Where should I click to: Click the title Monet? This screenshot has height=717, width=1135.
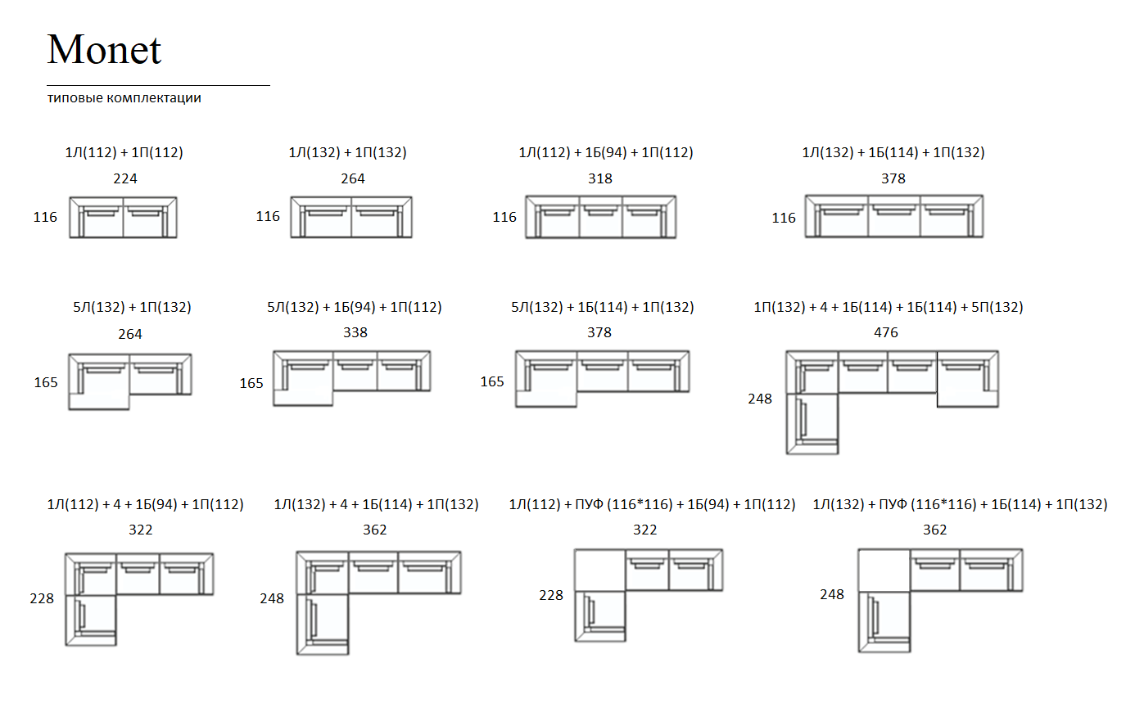tap(104, 49)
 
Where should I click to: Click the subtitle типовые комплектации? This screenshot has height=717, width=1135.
tap(124, 97)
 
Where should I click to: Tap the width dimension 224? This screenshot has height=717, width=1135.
tap(125, 178)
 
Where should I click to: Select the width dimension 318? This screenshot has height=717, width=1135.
tap(600, 178)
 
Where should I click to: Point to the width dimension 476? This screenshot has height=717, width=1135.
tap(886, 332)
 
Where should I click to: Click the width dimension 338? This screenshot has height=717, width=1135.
tap(355, 332)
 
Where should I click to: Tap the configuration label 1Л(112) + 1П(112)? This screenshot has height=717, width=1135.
tap(124, 152)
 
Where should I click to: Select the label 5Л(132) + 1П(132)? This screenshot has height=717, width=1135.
tap(132, 308)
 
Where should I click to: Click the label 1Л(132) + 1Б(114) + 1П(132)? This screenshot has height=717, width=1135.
tap(893, 152)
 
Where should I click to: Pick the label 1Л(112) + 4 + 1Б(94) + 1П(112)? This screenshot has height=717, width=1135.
tap(146, 504)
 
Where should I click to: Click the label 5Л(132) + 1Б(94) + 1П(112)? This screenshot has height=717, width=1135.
tap(355, 308)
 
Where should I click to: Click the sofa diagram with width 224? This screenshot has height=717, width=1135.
tap(123, 217)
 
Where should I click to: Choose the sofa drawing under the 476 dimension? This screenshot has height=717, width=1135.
tap(893, 403)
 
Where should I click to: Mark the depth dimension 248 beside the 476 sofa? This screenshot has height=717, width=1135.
tap(760, 399)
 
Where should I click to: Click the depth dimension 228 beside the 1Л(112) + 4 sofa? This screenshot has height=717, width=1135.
tap(42, 598)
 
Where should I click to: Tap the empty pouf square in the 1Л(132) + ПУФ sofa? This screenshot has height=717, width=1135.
tap(884, 570)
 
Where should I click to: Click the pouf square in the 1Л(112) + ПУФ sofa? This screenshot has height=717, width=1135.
tap(600, 570)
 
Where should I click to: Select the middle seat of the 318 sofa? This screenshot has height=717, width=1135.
tap(600, 220)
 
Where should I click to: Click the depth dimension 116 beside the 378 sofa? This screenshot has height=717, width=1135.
tap(784, 219)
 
